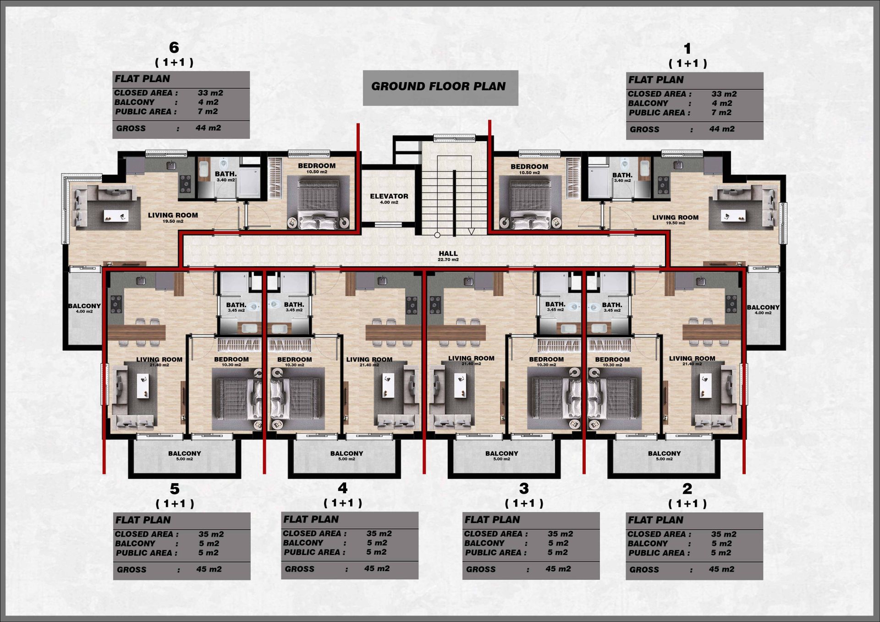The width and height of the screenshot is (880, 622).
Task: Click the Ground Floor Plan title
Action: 438,86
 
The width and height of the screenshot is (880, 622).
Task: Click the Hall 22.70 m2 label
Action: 448,256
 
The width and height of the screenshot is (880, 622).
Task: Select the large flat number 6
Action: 174,47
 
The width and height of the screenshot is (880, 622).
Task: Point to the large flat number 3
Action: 524,489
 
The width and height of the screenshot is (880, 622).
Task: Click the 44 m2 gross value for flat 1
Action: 722,129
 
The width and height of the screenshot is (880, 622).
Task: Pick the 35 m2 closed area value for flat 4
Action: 379,534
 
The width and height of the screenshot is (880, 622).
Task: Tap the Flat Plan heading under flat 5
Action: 143,520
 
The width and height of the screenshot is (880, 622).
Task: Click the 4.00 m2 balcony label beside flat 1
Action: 763,310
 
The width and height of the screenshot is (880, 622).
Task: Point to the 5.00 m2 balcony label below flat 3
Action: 502,456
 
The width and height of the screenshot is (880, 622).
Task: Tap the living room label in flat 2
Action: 692,361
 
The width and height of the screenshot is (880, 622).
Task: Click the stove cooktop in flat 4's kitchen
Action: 412,304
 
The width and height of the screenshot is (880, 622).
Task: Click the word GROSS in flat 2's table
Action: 644,570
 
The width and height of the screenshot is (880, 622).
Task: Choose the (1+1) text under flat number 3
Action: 524,503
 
